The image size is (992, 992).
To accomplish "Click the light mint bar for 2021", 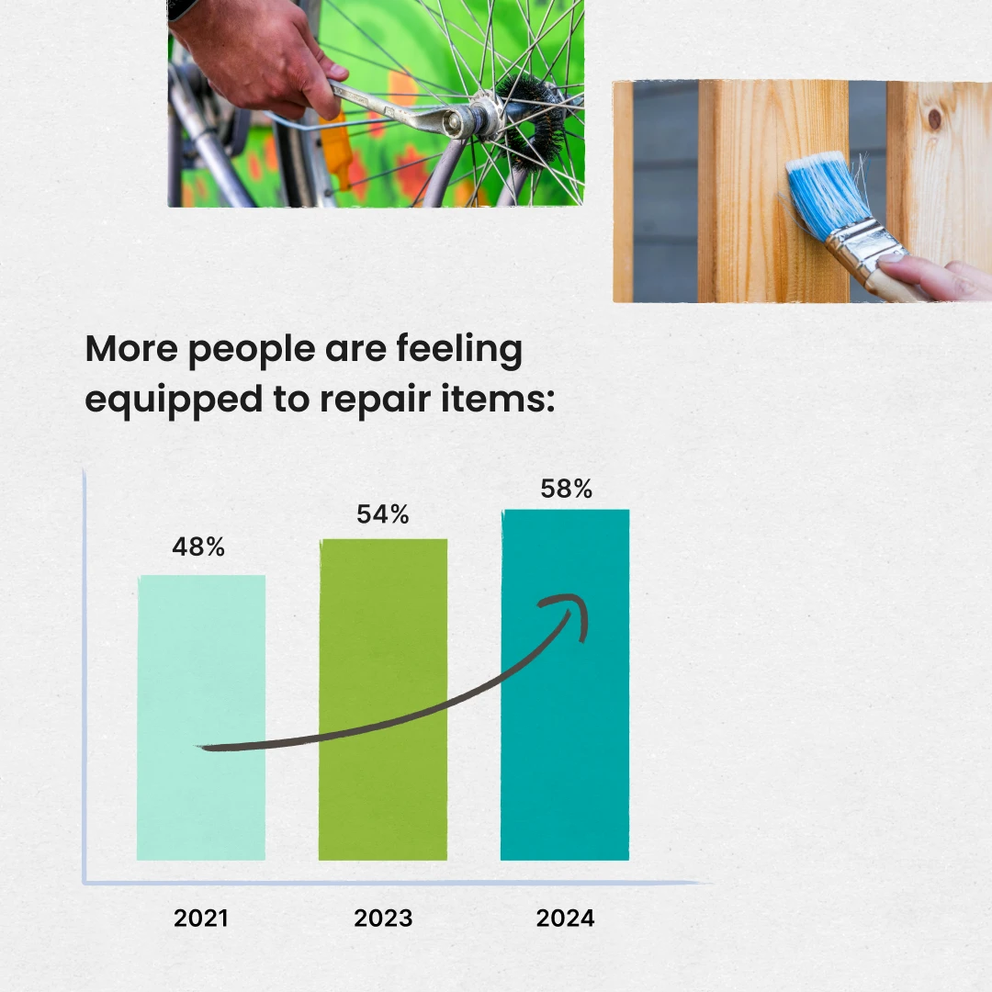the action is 201,717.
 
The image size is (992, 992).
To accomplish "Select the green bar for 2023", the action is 383,700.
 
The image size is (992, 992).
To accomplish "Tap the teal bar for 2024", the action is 565,684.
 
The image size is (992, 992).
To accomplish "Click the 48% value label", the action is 198,547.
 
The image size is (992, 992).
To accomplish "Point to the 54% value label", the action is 383,513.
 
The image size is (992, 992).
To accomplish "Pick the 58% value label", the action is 566,489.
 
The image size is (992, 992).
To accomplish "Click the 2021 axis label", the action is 200,918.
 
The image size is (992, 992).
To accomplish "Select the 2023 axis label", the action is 383,918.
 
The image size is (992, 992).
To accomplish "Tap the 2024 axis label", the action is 565,918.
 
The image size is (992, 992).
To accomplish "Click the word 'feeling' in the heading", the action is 459,350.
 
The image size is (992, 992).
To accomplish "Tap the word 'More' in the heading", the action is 131,349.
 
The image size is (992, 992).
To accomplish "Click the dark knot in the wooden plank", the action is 934,118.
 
